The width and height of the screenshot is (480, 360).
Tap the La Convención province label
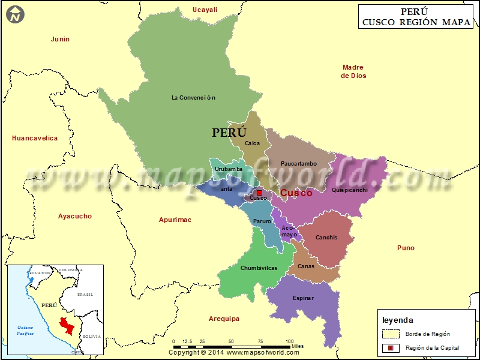[x=193, y=97]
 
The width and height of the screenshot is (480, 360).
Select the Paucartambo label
[x=298, y=163]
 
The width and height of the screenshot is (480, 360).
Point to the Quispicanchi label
[x=349, y=190]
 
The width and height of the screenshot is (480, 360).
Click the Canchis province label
[x=326, y=238]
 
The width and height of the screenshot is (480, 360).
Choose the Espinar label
[x=303, y=298]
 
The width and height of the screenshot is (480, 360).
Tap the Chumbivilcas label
[x=259, y=268]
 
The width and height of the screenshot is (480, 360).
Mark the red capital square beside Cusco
[x=259, y=193]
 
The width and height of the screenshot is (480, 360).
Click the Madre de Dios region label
[x=353, y=71]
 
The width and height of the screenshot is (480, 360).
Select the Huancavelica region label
[x=35, y=138]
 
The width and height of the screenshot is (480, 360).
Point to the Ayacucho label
[x=75, y=216]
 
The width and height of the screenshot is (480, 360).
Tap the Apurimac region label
[x=175, y=220]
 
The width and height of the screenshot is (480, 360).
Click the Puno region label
[x=406, y=248]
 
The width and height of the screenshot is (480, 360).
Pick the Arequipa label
[x=224, y=319]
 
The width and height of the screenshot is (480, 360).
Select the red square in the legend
[x=390, y=348]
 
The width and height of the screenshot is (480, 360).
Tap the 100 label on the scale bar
[x=289, y=341]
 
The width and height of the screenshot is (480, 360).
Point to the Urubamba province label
[x=229, y=169]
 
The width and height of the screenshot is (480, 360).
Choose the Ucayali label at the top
[x=205, y=10]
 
